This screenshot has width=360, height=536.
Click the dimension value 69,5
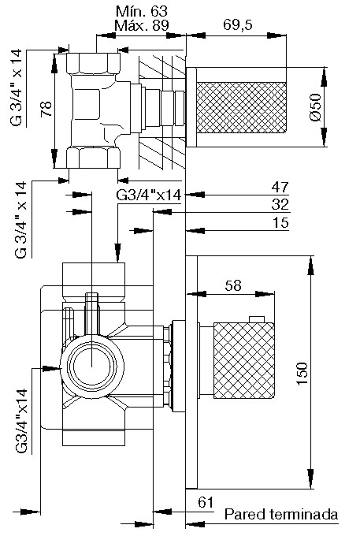238,24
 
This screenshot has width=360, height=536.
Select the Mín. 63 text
142,11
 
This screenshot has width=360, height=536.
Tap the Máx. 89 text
142,25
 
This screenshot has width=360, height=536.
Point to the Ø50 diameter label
316,107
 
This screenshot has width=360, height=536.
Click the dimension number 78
46,109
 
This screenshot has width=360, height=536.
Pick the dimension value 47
280,187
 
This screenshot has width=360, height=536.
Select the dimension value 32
280,204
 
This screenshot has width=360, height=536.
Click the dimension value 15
280,222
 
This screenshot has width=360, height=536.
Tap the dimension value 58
233,285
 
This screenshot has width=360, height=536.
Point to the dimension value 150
302,374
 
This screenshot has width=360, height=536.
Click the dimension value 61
206,503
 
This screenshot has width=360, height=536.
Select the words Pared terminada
281,514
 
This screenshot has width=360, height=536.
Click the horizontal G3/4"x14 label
149,195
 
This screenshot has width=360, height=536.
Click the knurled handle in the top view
241,107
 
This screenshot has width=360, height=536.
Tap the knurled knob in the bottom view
244,360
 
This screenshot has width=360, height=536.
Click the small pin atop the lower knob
257,319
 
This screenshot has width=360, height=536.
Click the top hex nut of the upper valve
93,63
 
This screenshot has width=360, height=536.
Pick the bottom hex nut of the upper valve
93,157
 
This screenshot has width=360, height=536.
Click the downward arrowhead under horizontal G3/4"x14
118,253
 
